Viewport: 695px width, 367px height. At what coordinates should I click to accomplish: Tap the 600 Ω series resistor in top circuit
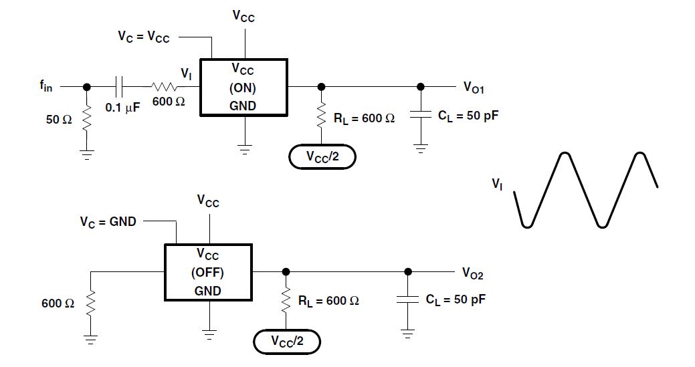164,86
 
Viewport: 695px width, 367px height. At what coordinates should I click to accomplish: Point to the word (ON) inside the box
243,87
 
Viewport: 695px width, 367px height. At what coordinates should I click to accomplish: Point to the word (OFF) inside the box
208,273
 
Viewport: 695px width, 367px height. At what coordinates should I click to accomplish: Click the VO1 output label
473,88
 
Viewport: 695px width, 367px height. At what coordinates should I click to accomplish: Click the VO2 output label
472,273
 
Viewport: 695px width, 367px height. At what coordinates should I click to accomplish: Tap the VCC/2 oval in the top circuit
322,157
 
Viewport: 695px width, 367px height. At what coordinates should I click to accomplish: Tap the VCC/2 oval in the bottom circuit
286,342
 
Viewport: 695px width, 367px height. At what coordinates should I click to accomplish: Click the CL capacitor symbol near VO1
420,115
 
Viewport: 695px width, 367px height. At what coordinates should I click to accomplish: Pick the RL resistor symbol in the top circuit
322,117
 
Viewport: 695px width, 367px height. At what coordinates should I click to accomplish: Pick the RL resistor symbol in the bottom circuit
286,301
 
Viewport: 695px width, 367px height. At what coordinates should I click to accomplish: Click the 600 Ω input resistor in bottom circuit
91,304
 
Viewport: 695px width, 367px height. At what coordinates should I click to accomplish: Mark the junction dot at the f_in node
86,86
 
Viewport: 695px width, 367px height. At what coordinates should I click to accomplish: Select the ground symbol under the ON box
245,150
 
